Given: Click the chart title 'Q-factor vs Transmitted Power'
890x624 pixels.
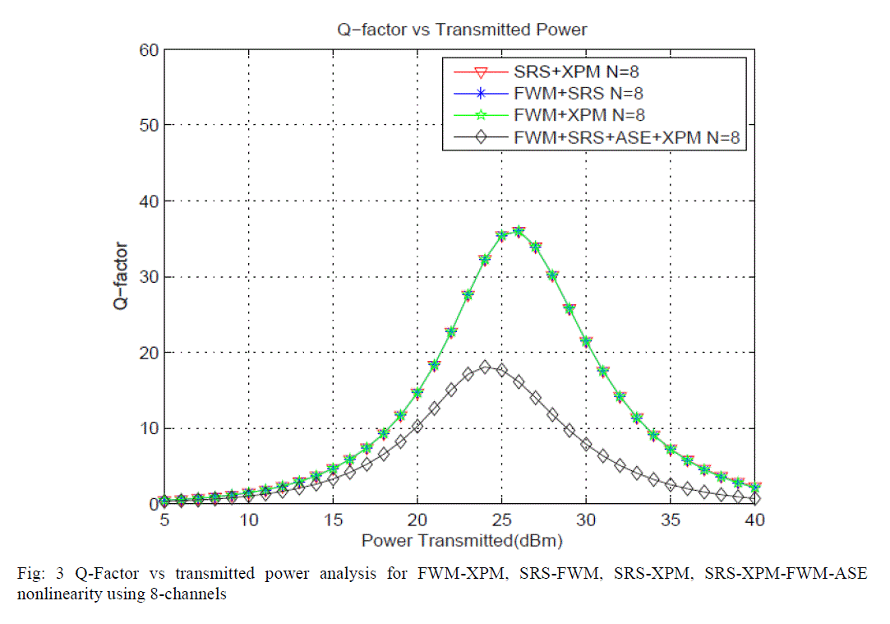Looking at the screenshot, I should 459,30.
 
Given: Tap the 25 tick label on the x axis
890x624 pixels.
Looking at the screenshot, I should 501,521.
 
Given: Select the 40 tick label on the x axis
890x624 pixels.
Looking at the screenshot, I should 754,521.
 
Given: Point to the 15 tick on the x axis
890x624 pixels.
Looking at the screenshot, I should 333,521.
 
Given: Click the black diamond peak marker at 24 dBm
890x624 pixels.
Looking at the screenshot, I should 485,367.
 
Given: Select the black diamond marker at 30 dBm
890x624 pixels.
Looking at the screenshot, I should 586,444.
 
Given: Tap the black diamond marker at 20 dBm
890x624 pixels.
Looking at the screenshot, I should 417,426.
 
